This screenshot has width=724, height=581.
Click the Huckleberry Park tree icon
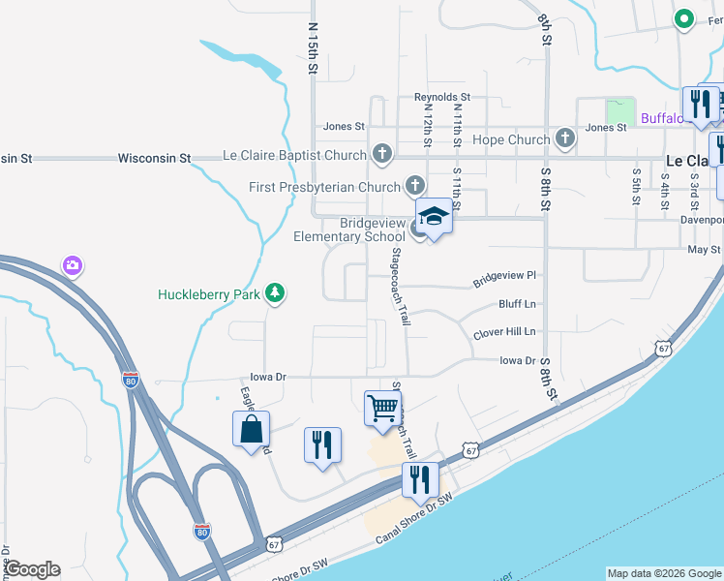click(275, 292)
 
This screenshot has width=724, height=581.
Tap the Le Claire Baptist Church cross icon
click(382, 154)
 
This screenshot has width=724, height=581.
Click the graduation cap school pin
click(434, 217)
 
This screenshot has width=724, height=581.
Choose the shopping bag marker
click(251, 428)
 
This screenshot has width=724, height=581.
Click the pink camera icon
click(72, 264)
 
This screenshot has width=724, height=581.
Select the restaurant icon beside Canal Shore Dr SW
click(420, 479)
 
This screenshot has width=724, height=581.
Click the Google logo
click(32, 569)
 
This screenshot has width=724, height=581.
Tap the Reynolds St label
click(442, 98)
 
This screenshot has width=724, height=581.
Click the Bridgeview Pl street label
click(504, 279)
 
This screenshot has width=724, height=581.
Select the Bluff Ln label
click(517, 304)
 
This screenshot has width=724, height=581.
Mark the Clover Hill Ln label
click(504, 332)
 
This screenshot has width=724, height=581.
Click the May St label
click(704, 249)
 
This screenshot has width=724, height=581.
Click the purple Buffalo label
click(663, 119)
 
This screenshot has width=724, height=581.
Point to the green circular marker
click(684, 18)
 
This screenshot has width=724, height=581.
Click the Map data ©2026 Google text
click(664, 573)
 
